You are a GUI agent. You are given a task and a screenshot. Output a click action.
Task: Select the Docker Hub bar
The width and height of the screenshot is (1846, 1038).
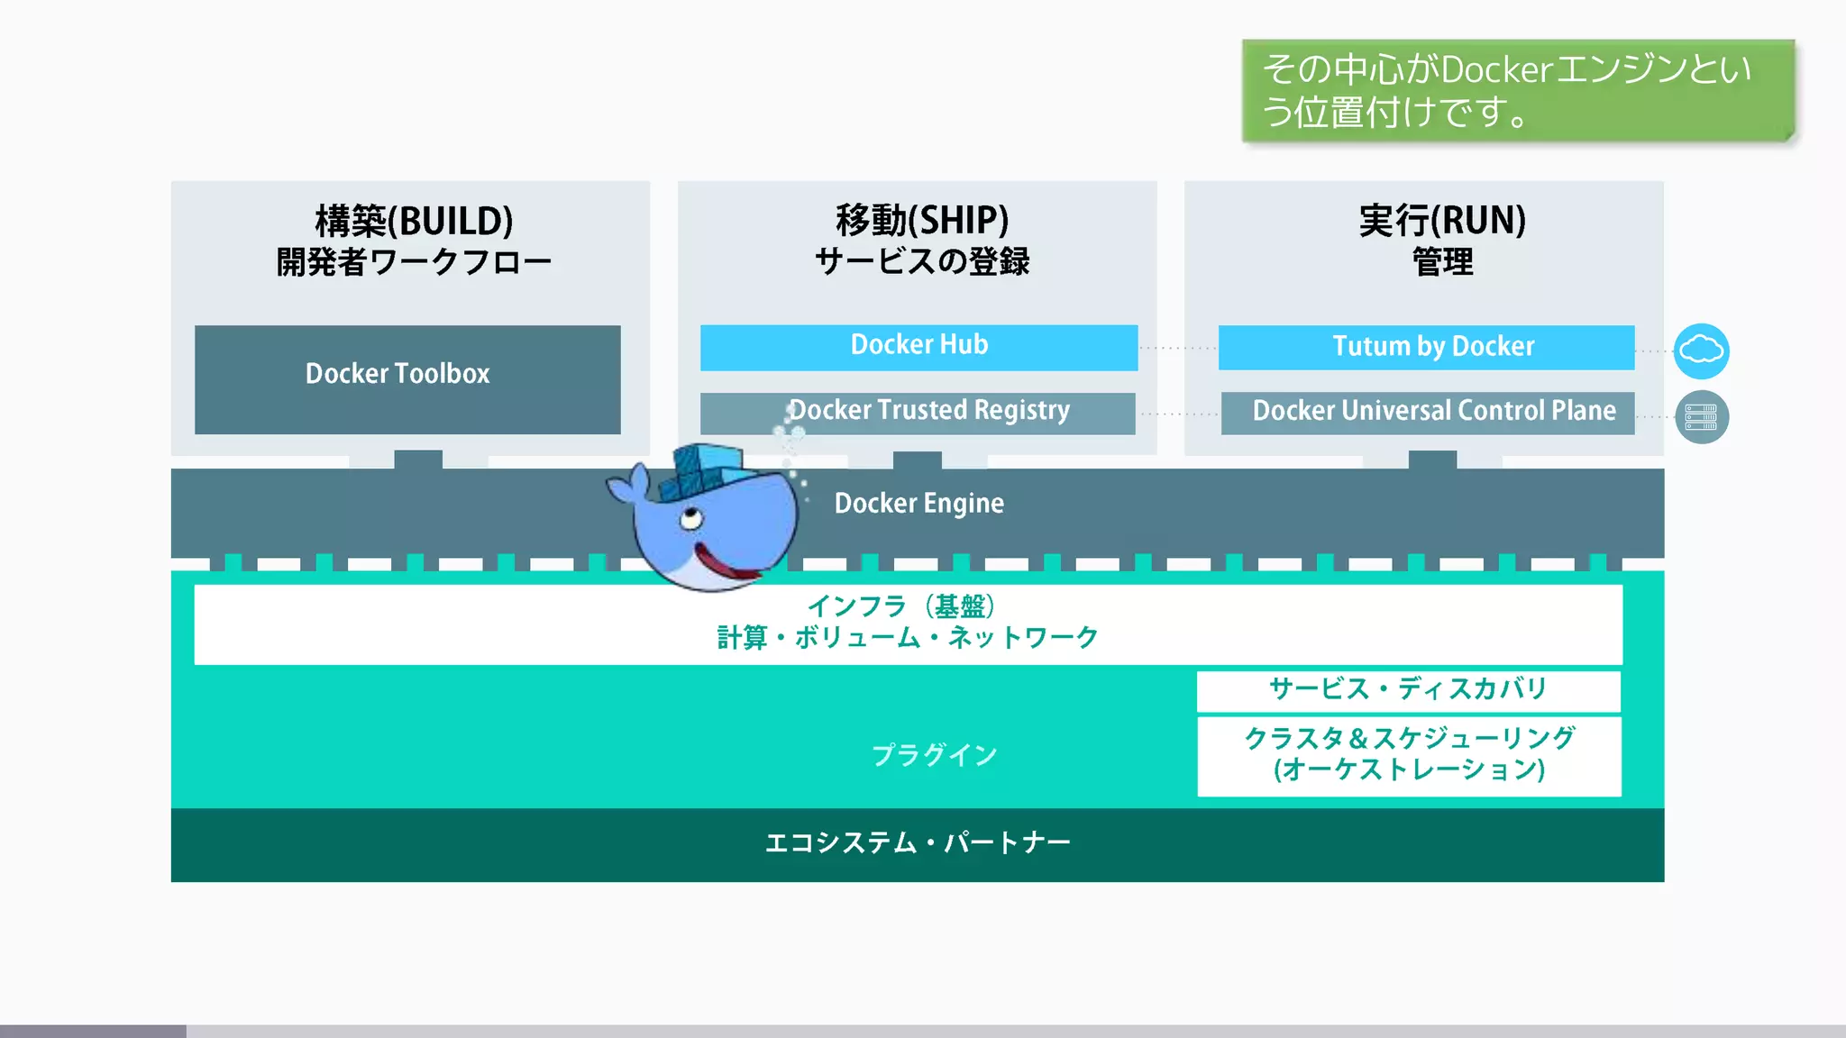pos(918,347)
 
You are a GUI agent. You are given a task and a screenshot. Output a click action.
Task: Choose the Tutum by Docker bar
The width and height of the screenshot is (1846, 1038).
pos(1426,347)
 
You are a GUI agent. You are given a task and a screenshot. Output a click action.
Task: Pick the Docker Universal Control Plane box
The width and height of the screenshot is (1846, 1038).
pos(1428,413)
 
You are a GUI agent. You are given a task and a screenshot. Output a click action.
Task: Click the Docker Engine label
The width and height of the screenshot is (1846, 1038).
pos(918,503)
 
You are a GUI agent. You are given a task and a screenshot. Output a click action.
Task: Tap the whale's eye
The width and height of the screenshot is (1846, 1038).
pos(691,519)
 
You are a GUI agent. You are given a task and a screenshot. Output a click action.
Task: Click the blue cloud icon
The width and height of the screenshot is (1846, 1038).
pos(1701,351)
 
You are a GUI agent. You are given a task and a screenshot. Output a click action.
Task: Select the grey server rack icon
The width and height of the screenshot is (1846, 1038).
pos(1701,417)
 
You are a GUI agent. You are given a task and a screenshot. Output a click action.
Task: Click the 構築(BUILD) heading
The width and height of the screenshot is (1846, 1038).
pos(414,221)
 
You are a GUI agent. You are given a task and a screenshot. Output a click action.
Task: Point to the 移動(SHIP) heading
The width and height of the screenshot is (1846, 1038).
pos(921,221)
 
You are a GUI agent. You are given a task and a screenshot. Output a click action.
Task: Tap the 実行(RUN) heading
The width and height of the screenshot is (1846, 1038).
pos(1442,221)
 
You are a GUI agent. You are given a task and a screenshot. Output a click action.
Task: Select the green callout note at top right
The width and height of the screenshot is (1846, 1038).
pos(1518,90)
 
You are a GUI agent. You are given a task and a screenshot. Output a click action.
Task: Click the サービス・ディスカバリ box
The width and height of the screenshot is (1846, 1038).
pos(1408,690)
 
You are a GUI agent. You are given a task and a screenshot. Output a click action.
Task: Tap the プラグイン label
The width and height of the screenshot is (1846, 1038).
pos(934,754)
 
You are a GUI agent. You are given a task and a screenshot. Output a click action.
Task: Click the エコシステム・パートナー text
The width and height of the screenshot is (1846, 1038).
pos(918,843)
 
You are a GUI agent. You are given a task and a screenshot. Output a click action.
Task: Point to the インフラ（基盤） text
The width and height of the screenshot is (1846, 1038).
pos(901,606)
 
